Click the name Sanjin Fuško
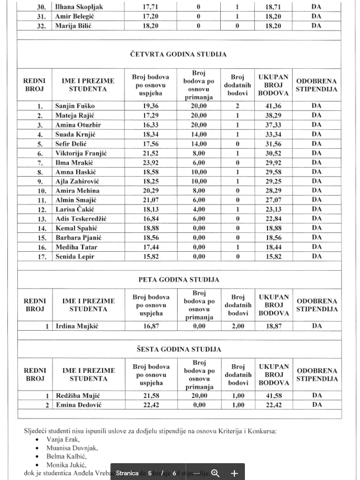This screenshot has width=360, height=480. [x=75, y=106]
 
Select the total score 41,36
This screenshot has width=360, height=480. [x=273, y=106]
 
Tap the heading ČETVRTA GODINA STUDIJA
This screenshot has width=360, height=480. [x=179, y=54]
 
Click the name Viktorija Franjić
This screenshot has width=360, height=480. [x=81, y=153]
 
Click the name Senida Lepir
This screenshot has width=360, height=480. [x=76, y=257]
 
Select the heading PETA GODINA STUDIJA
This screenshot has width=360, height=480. [x=179, y=280]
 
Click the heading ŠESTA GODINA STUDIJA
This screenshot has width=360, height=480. [x=179, y=349]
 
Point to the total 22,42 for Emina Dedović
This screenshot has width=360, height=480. [x=273, y=405]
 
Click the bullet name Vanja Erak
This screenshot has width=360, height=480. [x=63, y=440]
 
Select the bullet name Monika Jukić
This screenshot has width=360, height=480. [x=66, y=465]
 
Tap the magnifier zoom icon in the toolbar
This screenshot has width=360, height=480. [x=215, y=473]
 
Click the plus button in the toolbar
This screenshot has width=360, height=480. [x=234, y=473]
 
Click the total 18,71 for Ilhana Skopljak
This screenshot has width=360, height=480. [x=273, y=7]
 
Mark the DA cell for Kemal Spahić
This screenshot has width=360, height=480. [x=316, y=228]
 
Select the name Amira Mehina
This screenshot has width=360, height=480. [x=77, y=191]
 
